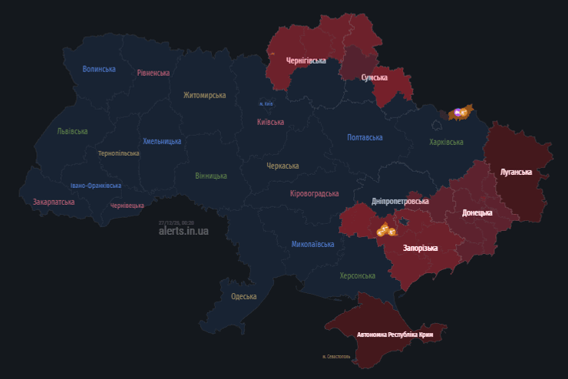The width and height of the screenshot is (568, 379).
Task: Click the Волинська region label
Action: click(99, 69)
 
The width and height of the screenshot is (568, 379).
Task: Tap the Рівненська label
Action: click(154, 73)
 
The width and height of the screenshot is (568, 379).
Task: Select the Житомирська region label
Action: click(205, 95)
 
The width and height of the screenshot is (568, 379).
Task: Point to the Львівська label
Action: click(72, 131)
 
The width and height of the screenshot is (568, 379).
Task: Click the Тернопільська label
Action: click(119, 153)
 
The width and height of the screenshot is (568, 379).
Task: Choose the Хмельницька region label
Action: click(162, 141)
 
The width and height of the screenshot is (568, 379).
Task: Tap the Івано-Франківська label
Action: click(95, 186)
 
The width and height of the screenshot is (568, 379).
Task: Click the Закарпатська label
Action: click(54, 202)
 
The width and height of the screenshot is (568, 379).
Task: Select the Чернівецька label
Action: click(127, 206)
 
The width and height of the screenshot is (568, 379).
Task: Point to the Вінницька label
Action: click(211, 176)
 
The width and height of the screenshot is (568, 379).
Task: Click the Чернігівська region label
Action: click(306, 60)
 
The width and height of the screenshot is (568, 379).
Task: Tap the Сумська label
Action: click(375, 77)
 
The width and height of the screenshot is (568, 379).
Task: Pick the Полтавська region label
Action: click(365, 137)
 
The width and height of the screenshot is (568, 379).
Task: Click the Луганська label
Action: click(516, 172)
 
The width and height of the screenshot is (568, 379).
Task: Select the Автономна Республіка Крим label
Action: click(401, 335)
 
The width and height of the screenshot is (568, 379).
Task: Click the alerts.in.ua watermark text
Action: click(183, 230)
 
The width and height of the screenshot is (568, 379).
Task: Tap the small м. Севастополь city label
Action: click(336, 357)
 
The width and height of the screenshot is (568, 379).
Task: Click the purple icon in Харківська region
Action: click(458, 114)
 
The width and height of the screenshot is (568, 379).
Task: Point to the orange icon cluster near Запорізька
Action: click(385, 229)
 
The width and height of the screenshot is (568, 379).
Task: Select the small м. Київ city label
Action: click(266, 104)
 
